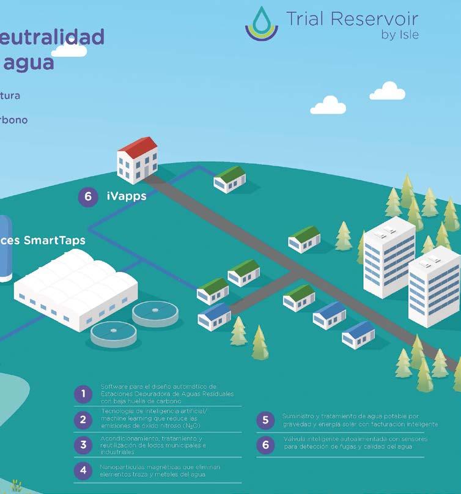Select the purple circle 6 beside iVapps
88,197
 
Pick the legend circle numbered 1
83,394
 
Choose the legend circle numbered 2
83,419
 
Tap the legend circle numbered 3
83,444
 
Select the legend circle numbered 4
83,470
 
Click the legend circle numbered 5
265,419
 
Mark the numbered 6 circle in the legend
265,444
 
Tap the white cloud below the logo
332,105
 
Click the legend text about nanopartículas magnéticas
159,470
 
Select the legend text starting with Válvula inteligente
355,443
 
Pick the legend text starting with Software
166,394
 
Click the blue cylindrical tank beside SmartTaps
5,248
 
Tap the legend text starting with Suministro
360,420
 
